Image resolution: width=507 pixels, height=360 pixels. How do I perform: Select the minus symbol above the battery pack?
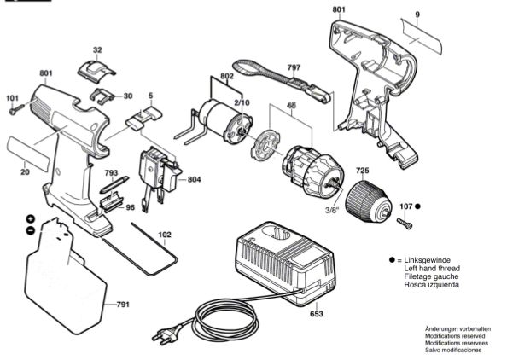(30, 230)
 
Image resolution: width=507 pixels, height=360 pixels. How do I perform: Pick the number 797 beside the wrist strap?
(294, 67)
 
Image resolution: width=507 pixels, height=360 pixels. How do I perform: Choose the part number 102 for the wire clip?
(165, 234)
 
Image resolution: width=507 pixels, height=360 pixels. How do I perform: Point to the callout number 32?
(97, 50)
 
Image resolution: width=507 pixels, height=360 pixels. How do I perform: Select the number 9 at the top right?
(417, 15)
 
